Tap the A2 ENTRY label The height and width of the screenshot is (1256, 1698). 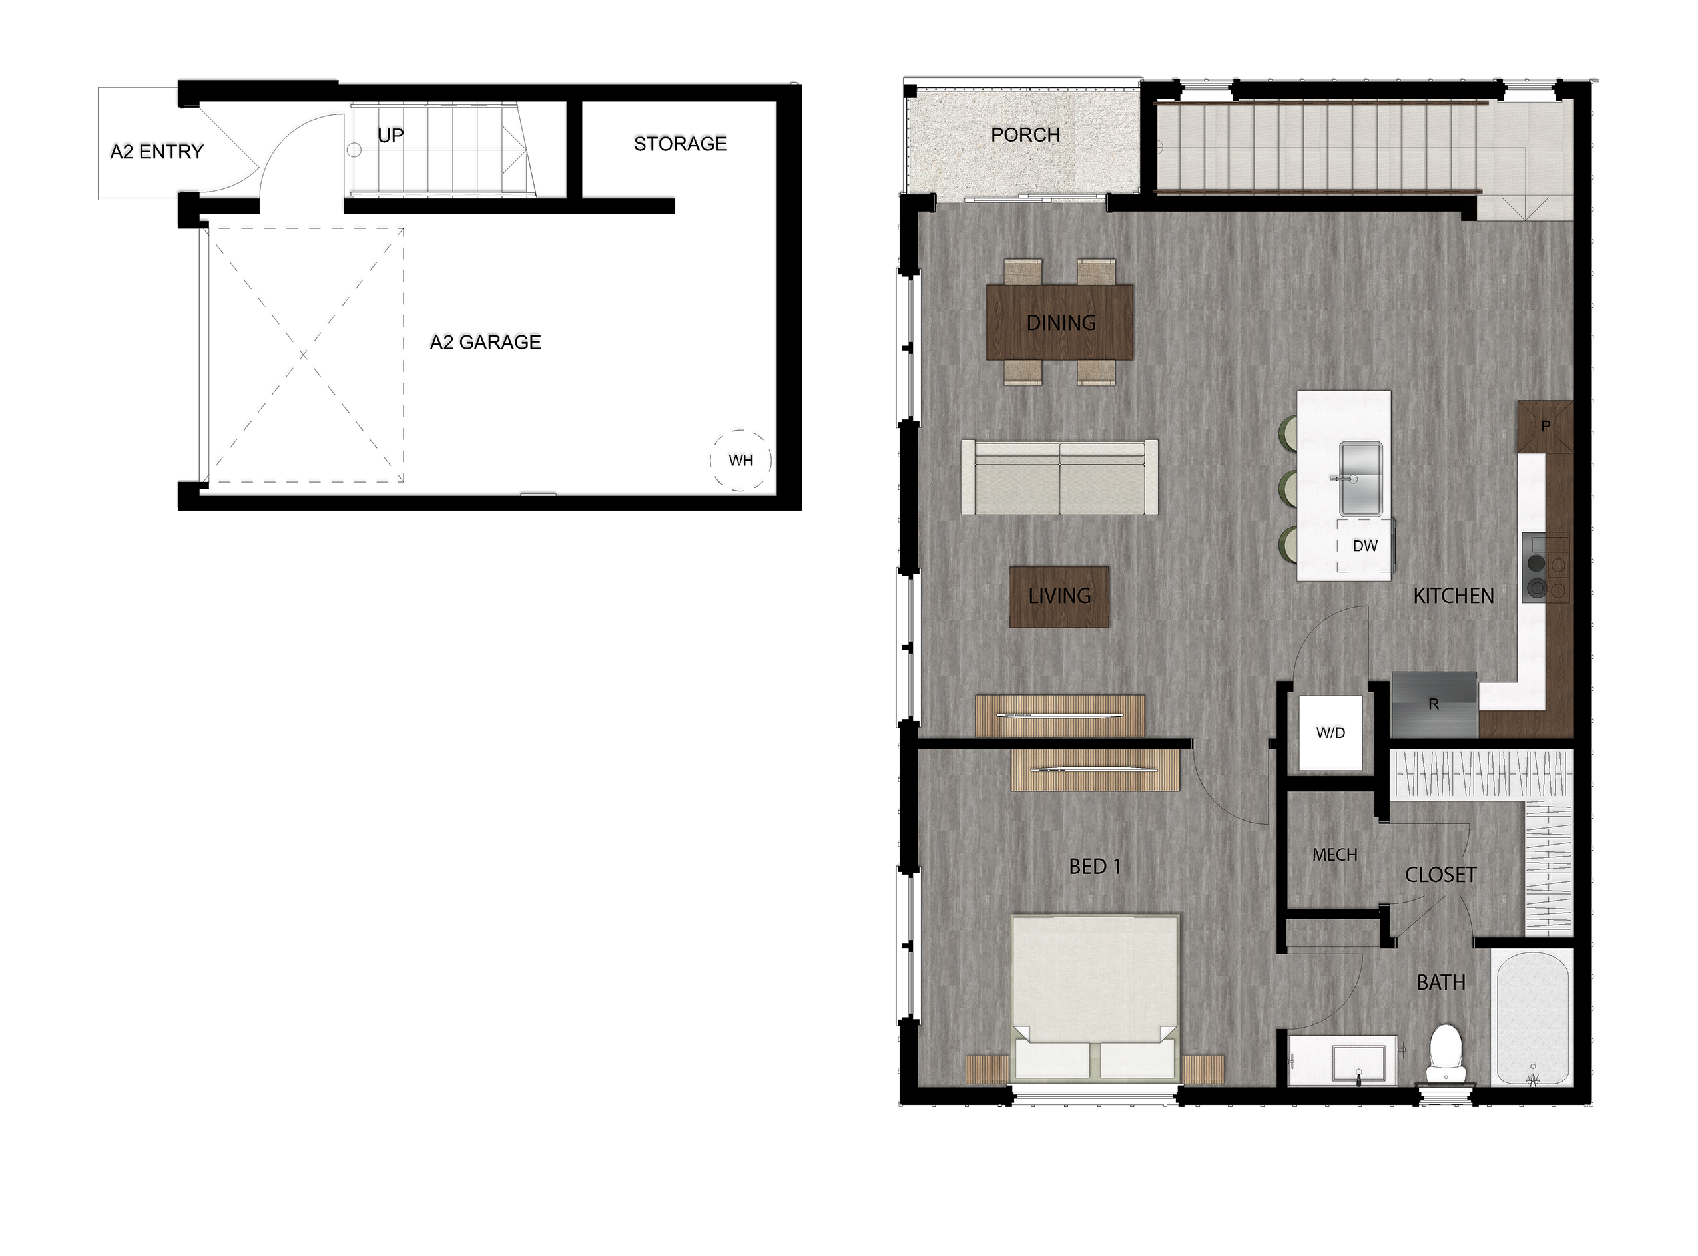156,152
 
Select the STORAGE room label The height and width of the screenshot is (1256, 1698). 681,144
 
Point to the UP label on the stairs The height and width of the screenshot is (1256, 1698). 391,136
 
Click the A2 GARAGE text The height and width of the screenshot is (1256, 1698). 486,342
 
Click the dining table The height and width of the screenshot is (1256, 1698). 1060,322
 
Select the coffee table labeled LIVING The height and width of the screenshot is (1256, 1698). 1059,597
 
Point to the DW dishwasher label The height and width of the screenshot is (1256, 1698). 1365,546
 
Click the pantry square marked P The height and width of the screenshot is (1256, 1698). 1544,427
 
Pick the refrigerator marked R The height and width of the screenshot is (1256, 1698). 1434,704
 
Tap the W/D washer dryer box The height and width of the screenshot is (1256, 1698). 1330,732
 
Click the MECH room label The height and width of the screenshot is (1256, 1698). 1334,855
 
